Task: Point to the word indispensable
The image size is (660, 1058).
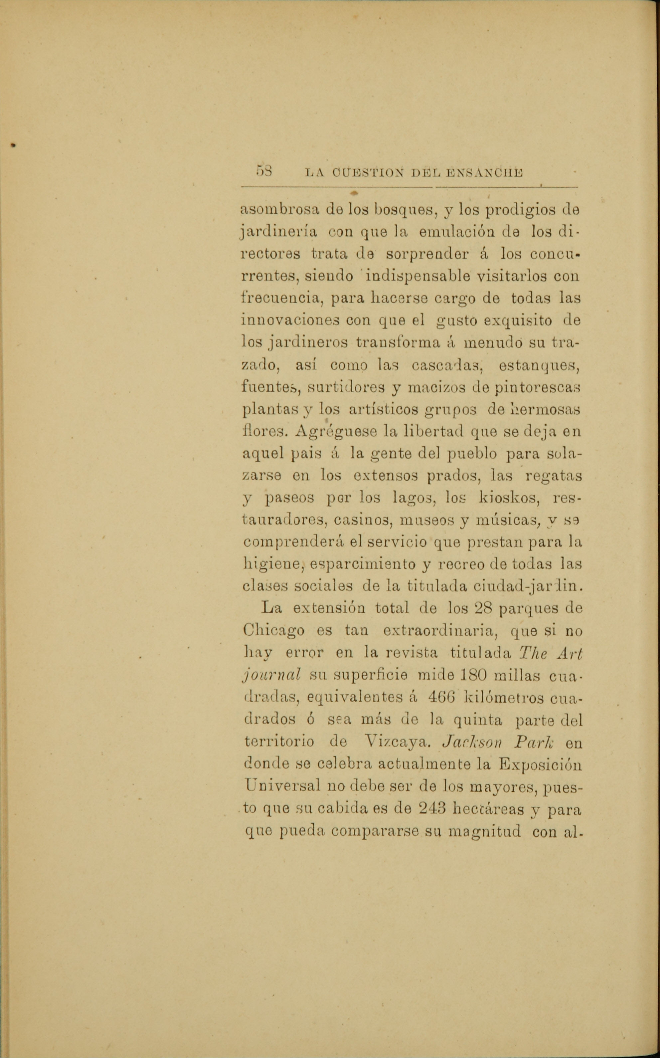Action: [x=418, y=277]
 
